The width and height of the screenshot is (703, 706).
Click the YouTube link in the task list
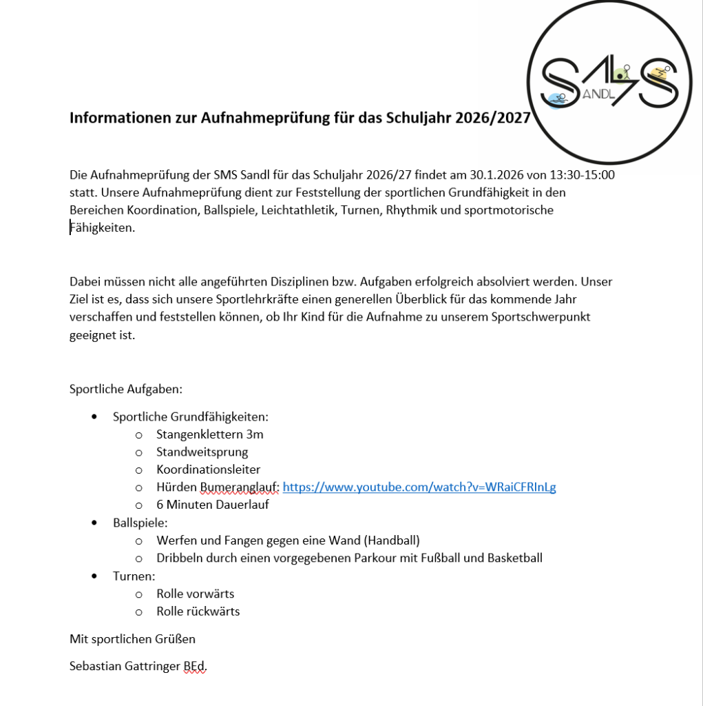pos(419,487)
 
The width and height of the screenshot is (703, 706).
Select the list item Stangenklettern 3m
pos(209,434)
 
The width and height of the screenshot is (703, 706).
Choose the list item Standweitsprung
pos(202,452)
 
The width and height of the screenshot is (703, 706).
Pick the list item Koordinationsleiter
pos(208,470)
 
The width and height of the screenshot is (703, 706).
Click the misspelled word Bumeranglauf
pos(239,487)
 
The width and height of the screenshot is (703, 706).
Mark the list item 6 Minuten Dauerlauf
pos(212,505)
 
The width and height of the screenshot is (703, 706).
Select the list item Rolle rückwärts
pos(198,611)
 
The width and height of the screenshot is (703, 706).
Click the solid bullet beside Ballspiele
pos(95,523)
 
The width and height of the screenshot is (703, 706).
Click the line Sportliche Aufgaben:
pos(126,389)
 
